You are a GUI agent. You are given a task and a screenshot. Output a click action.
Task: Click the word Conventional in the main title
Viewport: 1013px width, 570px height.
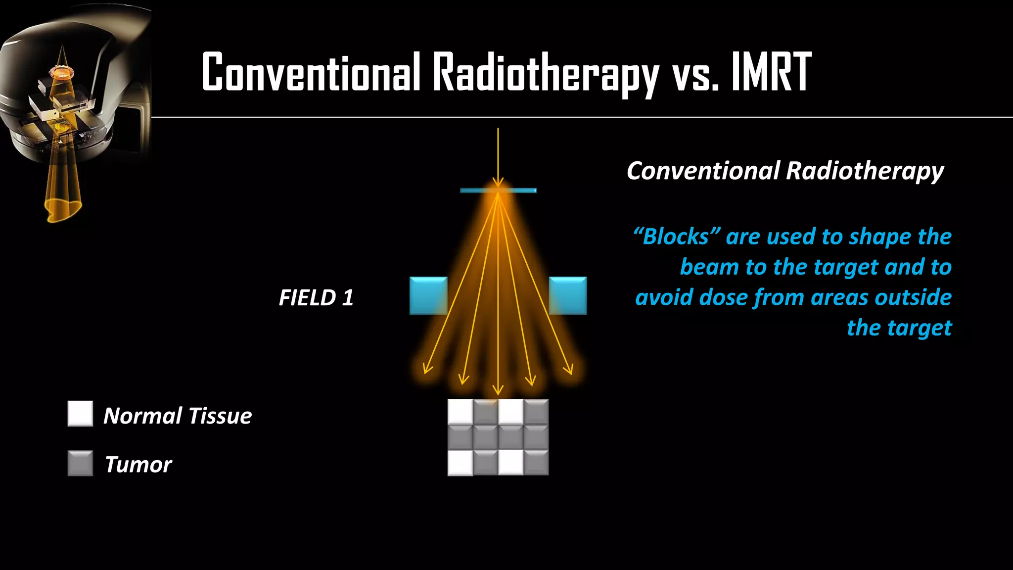[x=311, y=72]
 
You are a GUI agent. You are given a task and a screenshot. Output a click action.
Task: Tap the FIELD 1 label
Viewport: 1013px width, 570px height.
[x=316, y=298]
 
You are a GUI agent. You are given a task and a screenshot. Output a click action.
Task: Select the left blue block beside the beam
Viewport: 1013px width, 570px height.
[x=428, y=296]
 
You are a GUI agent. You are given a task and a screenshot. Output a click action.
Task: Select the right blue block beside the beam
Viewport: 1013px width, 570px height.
[x=568, y=296]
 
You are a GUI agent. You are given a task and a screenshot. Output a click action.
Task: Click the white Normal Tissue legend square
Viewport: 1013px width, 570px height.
[x=80, y=414]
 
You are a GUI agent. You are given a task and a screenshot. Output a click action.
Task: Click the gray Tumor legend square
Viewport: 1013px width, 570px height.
[x=80, y=463]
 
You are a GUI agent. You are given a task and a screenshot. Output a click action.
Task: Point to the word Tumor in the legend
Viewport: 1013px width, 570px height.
[x=138, y=465]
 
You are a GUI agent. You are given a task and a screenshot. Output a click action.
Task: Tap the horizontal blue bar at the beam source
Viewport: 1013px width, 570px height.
[x=498, y=190]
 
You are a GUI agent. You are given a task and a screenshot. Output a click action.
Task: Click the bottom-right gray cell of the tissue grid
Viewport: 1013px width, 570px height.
[x=536, y=463]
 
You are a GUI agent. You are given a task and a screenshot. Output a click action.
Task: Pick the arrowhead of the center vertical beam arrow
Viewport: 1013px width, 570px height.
[x=498, y=390]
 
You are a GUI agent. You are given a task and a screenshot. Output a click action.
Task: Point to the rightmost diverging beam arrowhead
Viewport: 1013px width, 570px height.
[x=569, y=369]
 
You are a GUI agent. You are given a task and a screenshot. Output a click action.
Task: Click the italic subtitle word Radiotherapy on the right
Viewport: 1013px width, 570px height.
[x=865, y=171]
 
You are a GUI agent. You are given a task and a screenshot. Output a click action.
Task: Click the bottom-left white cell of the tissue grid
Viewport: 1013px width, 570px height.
[x=460, y=463]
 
